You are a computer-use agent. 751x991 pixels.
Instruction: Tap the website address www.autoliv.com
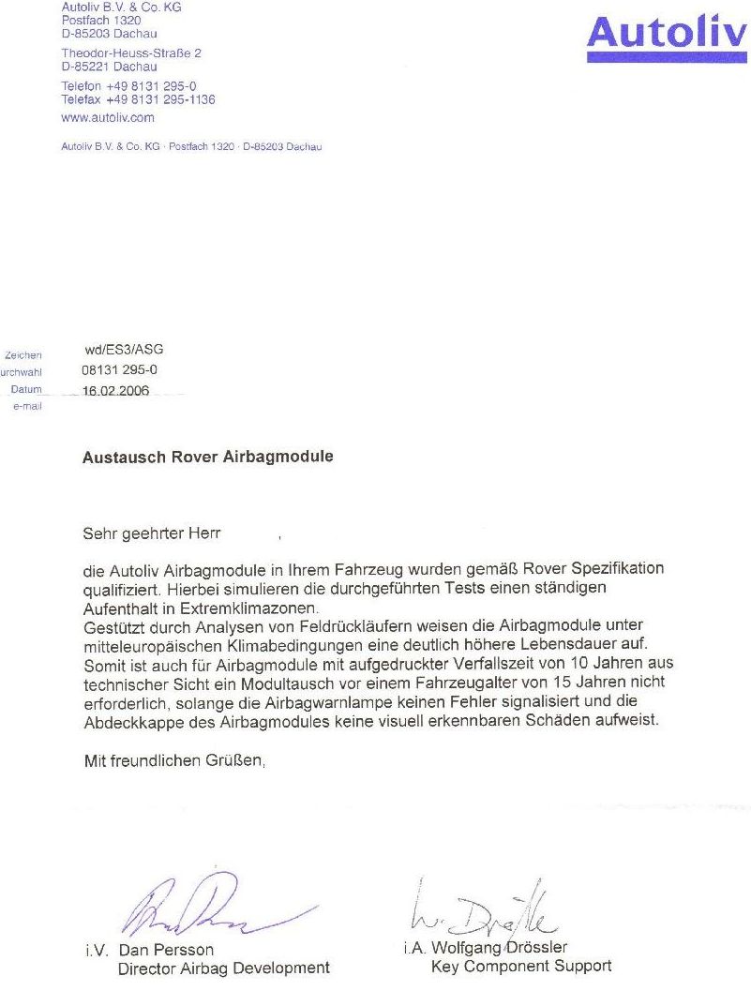[107, 118]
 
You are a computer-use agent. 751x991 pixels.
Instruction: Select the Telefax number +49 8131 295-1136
[138, 99]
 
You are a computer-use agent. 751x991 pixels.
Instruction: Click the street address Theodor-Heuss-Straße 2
[131, 53]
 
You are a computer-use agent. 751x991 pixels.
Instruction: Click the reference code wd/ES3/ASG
[117, 350]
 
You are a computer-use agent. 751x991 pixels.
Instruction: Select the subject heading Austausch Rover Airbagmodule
[207, 458]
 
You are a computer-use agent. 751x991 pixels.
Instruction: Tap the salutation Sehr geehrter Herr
[152, 533]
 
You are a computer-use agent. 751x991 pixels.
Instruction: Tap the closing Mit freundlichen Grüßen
[175, 762]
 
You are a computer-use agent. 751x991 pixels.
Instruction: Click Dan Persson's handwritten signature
[206, 907]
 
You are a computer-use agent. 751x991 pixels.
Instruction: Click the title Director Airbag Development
[223, 968]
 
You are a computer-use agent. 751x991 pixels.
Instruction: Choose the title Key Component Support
[520, 966]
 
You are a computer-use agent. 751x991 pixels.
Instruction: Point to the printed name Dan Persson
[166, 950]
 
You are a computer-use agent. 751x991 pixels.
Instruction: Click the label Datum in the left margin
[26, 389]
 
